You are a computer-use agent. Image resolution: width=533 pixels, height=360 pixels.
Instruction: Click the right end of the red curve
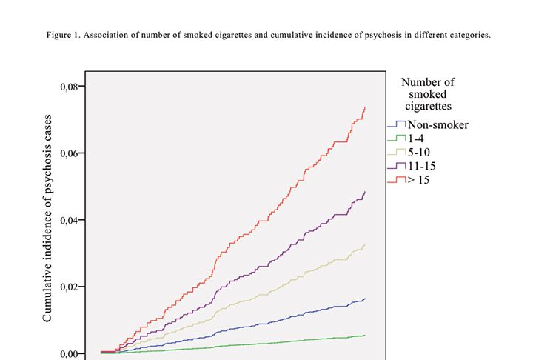[x=365, y=107]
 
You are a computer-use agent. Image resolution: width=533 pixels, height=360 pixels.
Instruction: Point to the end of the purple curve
[x=365, y=192]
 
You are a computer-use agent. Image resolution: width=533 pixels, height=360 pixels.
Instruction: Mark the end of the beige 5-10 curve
[x=365, y=244]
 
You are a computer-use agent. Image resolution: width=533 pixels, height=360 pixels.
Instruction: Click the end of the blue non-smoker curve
[x=365, y=299]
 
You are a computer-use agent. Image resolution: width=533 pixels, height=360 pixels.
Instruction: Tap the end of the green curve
[x=365, y=336]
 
